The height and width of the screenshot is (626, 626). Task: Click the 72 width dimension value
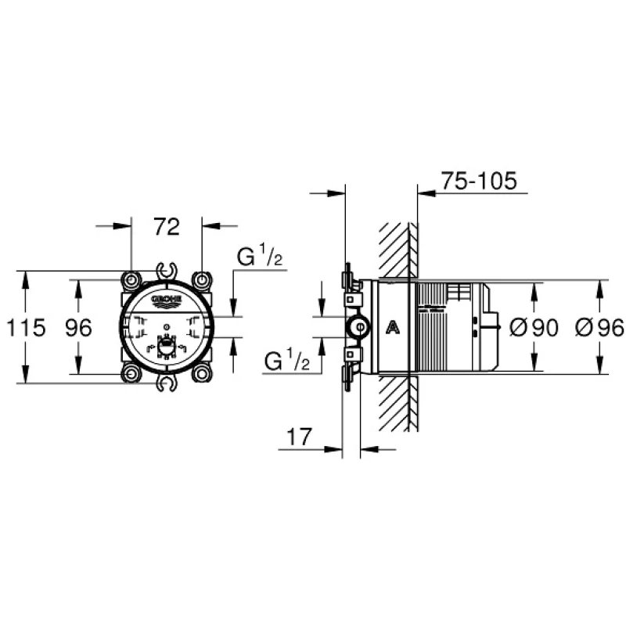click(167, 227)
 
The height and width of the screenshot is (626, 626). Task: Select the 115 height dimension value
click(27, 328)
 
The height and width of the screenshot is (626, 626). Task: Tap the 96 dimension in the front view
click(79, 328)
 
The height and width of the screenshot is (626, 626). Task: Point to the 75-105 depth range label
click(479, 181)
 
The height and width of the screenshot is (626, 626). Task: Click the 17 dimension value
click(300, 437)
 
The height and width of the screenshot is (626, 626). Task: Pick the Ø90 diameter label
click(534, 328)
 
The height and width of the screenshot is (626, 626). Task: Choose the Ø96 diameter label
click(599, 328)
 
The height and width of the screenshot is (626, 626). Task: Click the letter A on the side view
click(393, 328)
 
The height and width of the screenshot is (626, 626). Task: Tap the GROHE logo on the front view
click(167, 300)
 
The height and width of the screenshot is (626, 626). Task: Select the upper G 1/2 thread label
click(260, 257)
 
